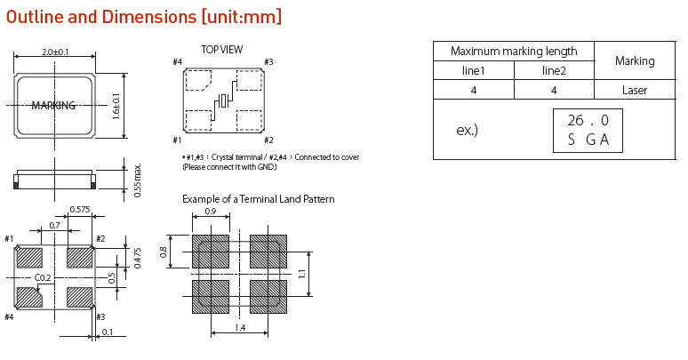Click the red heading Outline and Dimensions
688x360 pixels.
(144, 17)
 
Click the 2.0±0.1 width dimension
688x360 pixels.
(55, 52)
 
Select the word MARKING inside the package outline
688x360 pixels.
(53, 106)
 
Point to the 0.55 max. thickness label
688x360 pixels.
(137, 180)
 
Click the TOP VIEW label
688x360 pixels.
(221, 50)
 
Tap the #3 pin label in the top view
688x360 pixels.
(268, 62)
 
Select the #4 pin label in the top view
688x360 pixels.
(177, 62)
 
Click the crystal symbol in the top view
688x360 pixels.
(225, 98)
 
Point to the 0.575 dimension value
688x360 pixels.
(81, 210)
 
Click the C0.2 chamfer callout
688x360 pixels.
(42, 278)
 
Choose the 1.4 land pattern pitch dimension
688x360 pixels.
(240, 328)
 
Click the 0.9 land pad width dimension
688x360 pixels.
(211, 212)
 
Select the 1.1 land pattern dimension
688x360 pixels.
(302, 274)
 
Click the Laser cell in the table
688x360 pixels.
(635, 90)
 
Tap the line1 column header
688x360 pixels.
(473, 70)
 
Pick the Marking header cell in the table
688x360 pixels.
(635, 60)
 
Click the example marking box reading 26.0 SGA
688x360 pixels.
(588, 130)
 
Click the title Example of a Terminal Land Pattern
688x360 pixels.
(258, 199)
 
